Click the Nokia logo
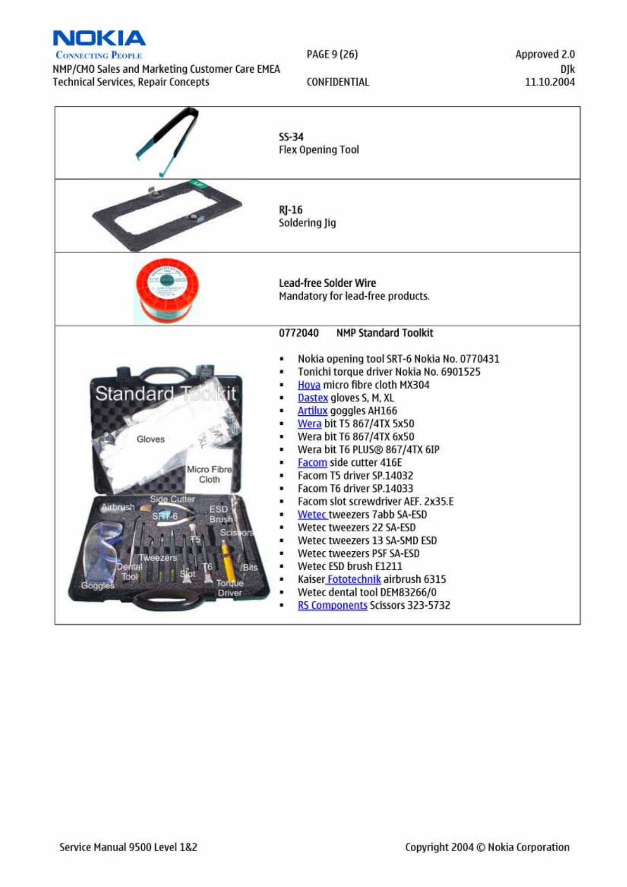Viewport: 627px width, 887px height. (99, 39)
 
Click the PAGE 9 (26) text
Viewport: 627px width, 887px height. (332, 54)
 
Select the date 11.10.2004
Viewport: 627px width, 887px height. (549, 82)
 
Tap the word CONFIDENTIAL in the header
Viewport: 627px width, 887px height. (337, 82)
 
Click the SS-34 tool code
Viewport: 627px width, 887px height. (291, 137)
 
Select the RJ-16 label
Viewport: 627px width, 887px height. (291, 210)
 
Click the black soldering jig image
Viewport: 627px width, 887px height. (167, 215)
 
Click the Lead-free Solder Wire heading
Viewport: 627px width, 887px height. (327, 283)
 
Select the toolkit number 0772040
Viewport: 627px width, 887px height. (298, 333)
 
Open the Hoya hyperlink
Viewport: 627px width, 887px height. (308, 385)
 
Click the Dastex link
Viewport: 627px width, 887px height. (313, 398)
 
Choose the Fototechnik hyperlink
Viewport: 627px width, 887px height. (354, 579)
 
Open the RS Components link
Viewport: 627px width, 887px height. (332, 605)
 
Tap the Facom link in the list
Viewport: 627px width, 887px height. (312, 463)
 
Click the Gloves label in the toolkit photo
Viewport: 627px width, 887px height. (150, 439)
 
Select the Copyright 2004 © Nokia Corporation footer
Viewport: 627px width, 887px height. (487, 847)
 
